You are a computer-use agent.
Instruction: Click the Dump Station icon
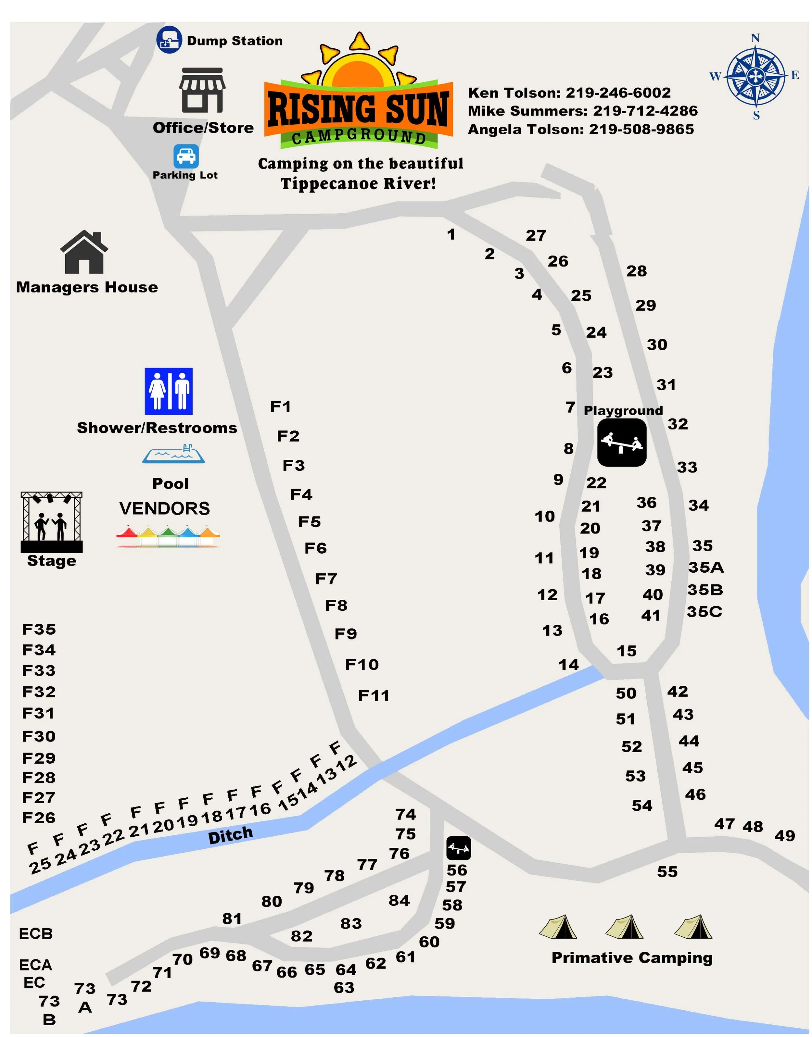[169, 40]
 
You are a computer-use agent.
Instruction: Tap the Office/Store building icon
[202, 90]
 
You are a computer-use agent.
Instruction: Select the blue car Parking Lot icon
[186, 156]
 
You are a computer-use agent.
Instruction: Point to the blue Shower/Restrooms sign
[169, 391]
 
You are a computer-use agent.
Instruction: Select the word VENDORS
[164, 508]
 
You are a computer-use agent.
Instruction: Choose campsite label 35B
[705, 590]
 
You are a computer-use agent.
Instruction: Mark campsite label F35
[39, 629]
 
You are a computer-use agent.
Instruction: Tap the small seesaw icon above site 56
[459, 848]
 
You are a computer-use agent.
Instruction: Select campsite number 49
[784, 835]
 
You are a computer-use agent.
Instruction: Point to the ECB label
[36, 934]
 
